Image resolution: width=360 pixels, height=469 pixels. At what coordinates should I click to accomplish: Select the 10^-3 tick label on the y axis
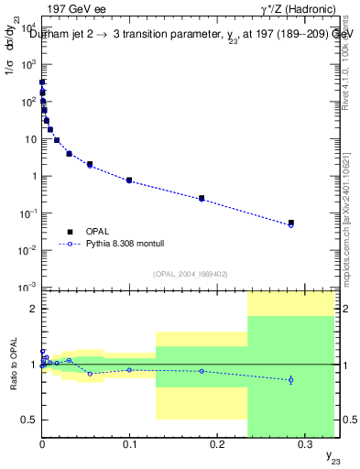click(x=27, y=288)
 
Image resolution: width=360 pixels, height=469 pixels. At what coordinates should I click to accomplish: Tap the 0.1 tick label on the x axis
click(x=128, y=443)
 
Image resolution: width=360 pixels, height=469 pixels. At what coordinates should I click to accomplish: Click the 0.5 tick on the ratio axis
click(x=28, y=420)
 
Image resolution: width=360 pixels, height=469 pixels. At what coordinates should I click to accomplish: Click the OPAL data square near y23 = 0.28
click(x=290, y=223)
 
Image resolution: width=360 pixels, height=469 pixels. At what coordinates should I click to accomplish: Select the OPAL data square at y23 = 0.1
click(x=129, y=180)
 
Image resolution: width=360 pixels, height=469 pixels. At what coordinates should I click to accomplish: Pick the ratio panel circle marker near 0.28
click(x=290, y=379)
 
